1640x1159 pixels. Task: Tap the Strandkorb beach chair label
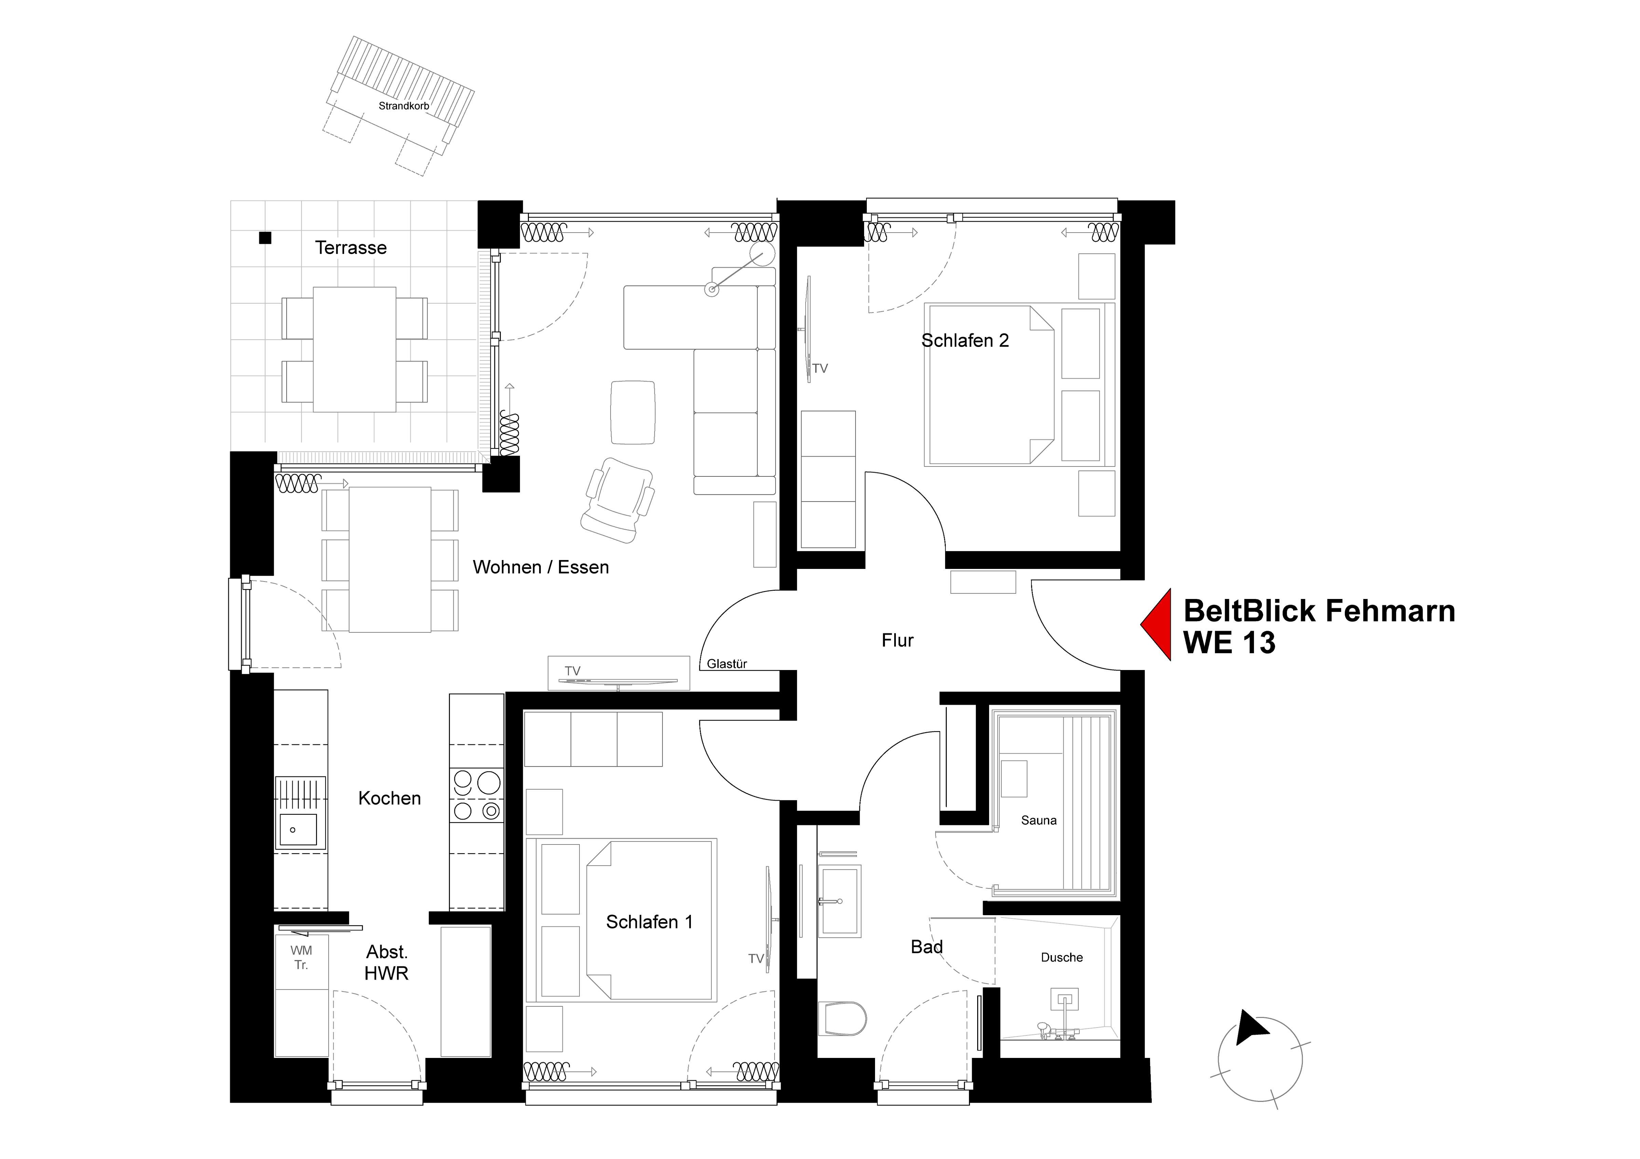point(404,106)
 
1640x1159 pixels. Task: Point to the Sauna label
point(1039,821)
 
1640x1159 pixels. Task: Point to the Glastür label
point(726,664)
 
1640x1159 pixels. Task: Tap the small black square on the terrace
point(265,238)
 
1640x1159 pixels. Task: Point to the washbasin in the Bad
point(839,901)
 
